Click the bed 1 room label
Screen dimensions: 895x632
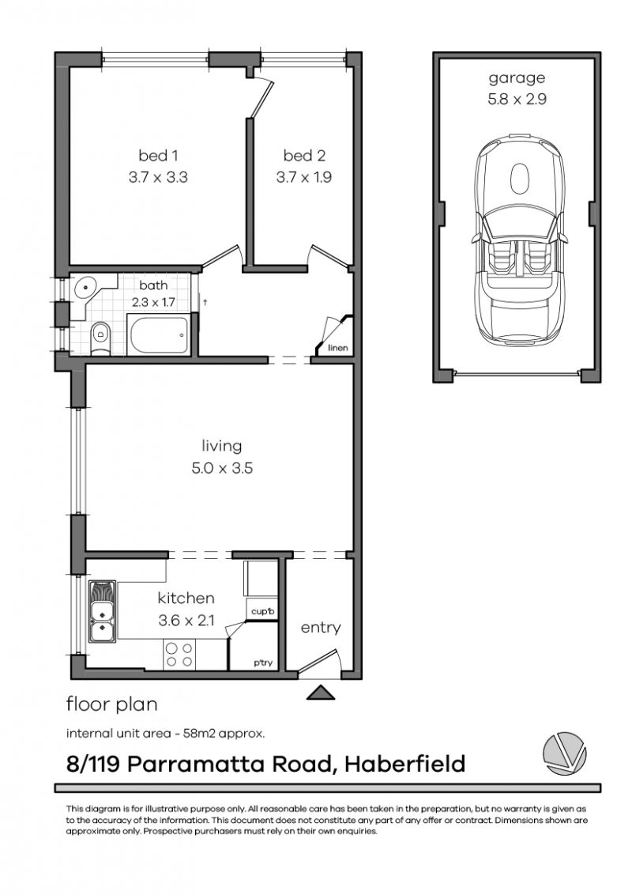(x=158, y=156)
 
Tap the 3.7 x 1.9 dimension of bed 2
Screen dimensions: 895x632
(x=303, y=178)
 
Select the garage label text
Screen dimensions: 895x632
(x=517, y=78)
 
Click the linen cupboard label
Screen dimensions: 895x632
(x=338, y=348)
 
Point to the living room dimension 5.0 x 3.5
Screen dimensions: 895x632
(x=221, y=468)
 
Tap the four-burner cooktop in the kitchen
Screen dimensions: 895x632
(x=179, y=654)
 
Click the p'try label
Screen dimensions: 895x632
(x=261, y=663)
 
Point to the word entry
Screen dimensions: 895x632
(x=321, y=628)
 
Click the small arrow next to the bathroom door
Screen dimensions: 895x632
(x=205, y=301)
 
